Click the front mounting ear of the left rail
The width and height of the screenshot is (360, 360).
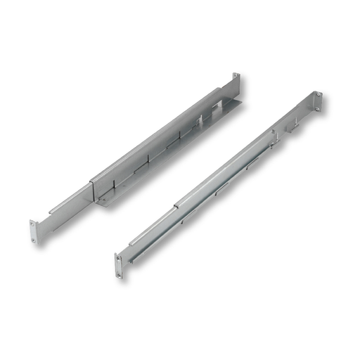[33, 232]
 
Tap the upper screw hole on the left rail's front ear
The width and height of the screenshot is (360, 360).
[32, 226]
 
